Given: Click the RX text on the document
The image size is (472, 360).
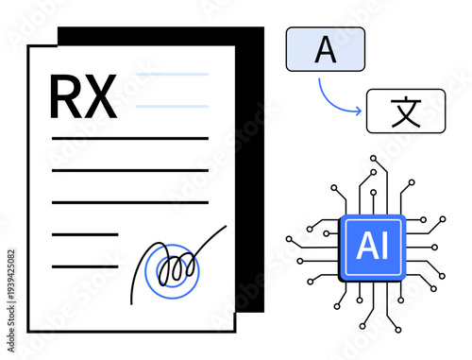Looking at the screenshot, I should point(83,96).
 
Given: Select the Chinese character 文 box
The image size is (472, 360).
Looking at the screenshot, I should point(404,110).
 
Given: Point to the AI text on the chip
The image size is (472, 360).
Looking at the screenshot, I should point(373,248).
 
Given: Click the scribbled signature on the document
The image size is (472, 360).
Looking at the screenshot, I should point(170,265).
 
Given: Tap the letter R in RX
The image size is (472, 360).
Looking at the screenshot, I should point(66,96).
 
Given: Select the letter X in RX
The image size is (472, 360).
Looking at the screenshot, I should point(100,96).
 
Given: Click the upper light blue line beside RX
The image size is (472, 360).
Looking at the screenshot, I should point(172,74).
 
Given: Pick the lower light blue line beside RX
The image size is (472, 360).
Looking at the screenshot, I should point(172,106).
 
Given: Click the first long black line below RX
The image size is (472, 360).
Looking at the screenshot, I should point(129,139).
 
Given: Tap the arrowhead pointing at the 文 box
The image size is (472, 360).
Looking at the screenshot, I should point(359,111).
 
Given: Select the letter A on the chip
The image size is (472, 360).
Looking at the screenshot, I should point(366,248).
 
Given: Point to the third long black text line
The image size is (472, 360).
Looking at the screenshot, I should point(129,202).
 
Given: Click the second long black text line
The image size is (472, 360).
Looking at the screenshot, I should point(129,171).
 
